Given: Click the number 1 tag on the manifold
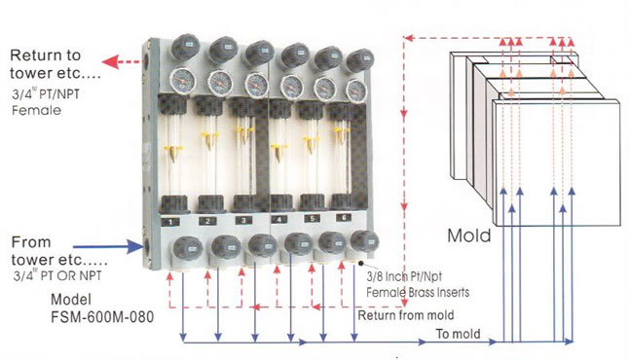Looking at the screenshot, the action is click(171, 222).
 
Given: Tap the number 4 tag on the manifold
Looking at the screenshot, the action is click(278, 219).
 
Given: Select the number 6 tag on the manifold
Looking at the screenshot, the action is click(344, 218).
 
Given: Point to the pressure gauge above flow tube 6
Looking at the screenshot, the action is click(356, 91).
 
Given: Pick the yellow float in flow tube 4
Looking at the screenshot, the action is click(277, 152).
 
